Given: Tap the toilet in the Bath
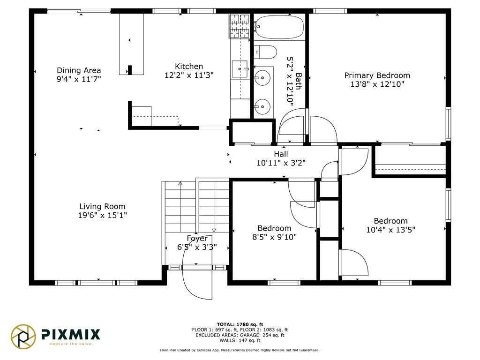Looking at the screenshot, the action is (x=265, y=52).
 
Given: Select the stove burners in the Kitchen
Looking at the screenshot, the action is (x=240, y=26).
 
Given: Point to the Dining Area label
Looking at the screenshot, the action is (x=79, y=70).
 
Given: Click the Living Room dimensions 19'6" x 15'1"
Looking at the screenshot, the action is (x=102, y=215).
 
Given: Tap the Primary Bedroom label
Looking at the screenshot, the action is (x=377, y=75).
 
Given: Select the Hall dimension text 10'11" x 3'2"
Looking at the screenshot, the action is (x=281, y=163).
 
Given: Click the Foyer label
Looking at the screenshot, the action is (x=197, y=238).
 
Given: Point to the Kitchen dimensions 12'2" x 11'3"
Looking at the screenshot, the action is (x=189, y=75).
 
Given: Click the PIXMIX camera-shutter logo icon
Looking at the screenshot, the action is (x=23, y=337).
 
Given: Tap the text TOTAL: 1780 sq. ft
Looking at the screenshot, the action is (x=240, y=324).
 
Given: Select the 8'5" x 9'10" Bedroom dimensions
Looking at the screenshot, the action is (x=274, y=237).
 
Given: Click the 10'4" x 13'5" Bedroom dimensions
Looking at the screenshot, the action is (x=390, y=230).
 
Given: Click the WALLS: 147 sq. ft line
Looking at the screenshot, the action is (x=240, y=340).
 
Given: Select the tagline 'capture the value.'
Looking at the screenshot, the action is (x=71, y=344).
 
